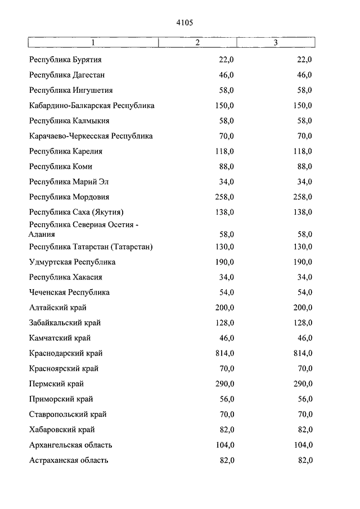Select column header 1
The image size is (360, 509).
93,43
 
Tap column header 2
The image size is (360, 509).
197,43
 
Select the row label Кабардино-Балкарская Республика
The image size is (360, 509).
92,105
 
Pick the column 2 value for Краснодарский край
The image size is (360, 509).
224,353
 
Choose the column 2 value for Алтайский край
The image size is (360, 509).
224,308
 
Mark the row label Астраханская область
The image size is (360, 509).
69,460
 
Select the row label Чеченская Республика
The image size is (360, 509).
69,292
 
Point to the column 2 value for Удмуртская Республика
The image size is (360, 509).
224,262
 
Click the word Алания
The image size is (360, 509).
42,234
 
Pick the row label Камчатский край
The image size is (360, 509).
60,338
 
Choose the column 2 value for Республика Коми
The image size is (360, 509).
226,166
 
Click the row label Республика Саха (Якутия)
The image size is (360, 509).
76,212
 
